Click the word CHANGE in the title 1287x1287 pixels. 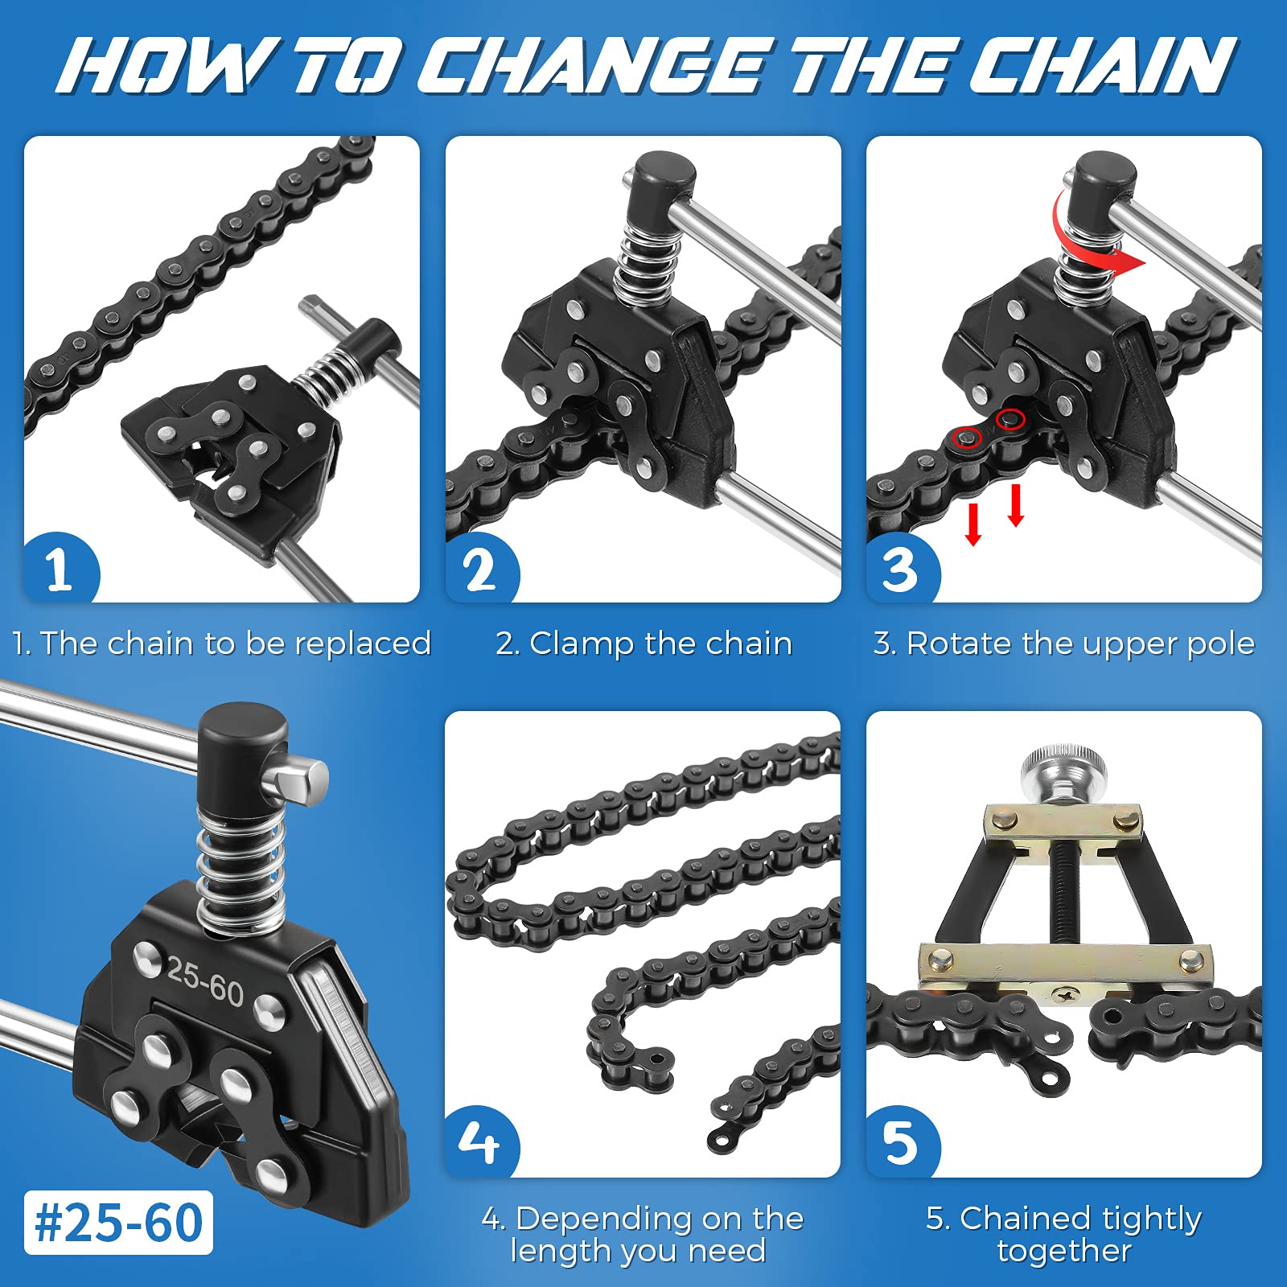(x=591, y=66)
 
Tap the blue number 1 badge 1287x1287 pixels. (x=60, y=569)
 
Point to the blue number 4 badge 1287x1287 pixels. (x=480, y=1142)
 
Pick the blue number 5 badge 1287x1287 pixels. (x=900, y=1142)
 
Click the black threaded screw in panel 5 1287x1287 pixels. (x=1063, y=893)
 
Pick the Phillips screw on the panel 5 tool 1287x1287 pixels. (x=1066, y=996)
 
